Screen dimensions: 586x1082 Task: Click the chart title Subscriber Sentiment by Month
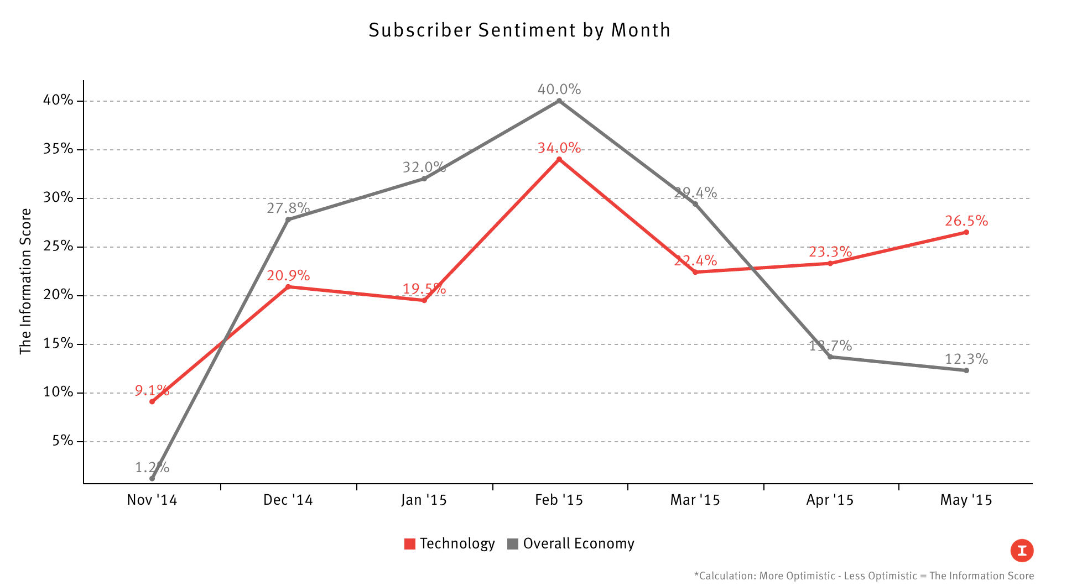519,30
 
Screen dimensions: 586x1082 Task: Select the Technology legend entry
449,544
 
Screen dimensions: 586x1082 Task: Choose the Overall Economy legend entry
570,544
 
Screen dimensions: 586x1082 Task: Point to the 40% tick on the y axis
58,100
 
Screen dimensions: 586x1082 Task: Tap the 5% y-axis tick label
63,441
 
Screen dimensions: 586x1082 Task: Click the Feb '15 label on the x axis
559,500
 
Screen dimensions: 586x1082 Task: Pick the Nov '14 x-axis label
152,500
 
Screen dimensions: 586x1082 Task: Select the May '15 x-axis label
966,500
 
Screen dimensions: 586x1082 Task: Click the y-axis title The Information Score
25,281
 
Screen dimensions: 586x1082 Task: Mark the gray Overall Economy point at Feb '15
559,101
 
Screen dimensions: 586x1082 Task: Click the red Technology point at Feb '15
559,159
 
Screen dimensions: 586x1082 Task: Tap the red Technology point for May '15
966,232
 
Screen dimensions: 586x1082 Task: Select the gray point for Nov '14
152,478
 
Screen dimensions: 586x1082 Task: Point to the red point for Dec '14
288,286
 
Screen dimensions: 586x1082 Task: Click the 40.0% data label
559,89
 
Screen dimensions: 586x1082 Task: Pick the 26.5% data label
966,221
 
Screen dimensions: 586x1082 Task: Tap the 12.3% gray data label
966,359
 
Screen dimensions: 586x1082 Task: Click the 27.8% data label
288,208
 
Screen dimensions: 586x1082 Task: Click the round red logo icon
1022,551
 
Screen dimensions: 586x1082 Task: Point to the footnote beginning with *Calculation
863,576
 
